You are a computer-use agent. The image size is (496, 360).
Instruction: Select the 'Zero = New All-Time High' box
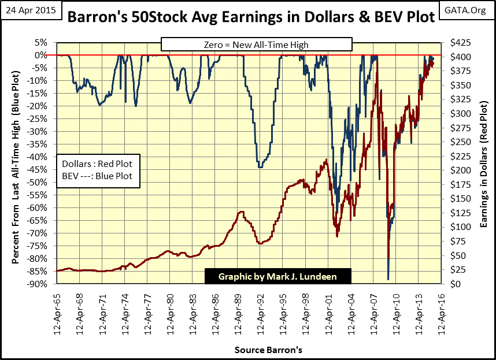pos(256,44)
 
